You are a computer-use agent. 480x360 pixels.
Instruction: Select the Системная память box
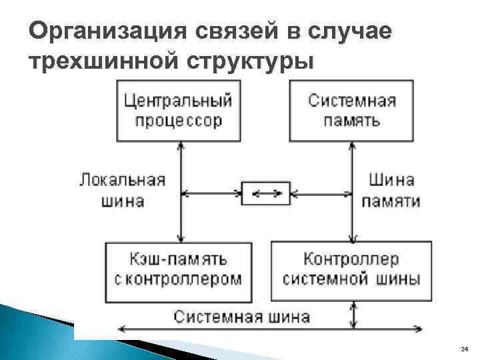point(352,110)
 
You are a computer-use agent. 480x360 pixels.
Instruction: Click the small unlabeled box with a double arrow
point(265,194)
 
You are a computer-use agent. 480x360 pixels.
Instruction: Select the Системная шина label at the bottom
point(242,315)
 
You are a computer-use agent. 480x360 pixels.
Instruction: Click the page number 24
point(465,349)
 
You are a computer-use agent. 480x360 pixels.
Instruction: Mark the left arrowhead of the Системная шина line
point(121,329)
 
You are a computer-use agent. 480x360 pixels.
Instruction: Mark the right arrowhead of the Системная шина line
point(418,329)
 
